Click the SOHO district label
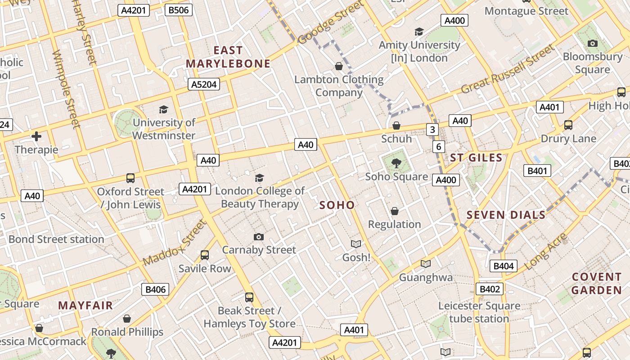pyautogui.click(x=337, y=205)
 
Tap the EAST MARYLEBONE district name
pyautogui.click(x=228, y=57)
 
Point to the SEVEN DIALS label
pyautogui.click(x=506, y=215)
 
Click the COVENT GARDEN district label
pyautogui.click(x=597, y=283)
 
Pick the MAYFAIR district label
pyautogui.click(x=85, y=306)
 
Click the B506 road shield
pyautogui.click(x=179, y=10)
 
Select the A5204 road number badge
pyautogui.click(x=204, y=84)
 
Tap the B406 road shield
pyautogui.click(x=156, y=289)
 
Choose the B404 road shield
pyautogui.click(x=503, y=266)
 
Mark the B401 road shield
pyautogui.click(x=537, y=171)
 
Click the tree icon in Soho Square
pyautogui.click(x=396, y=163)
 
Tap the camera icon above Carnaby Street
pyautogui.click(x=259, y=237)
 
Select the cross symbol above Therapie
pyautogui.click(x=36, y=136)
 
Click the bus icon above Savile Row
pyautogui.click(x=205, y=255)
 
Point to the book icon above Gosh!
pyautogui.click(x=356, y=244)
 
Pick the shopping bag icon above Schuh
pyautogui.click(x=396, y=126)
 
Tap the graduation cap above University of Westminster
pyautogui.click(x=163, y=109)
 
